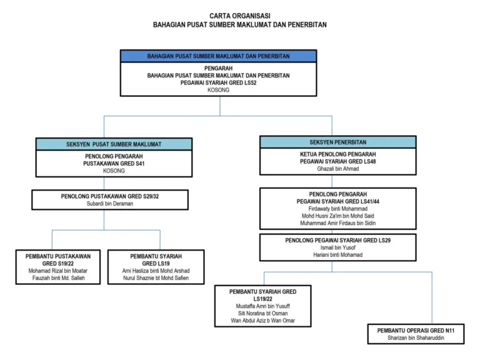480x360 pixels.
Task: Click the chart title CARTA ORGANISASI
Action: click(240, 16)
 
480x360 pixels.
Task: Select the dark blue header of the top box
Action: click(218, 56)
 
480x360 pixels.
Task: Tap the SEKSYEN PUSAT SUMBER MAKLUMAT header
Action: click(114, 144)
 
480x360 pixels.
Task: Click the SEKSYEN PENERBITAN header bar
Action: click(337, 142)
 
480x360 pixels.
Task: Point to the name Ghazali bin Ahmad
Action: click(337, 169)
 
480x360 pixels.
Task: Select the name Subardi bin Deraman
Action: click(110, 204)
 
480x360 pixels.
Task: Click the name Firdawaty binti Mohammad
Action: click(337, 209)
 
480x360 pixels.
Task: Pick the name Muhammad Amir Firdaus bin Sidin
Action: click(337, 223)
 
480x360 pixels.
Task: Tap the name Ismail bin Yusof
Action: click(337, 247)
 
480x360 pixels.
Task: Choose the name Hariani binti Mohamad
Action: click(337, 255)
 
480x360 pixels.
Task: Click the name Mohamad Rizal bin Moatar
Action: click(58, 271)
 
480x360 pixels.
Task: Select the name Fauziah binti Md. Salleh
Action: click(59, 278)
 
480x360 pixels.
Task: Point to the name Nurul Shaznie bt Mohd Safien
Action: click(156, 278)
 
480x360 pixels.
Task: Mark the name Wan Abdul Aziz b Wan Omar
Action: click(262, 321)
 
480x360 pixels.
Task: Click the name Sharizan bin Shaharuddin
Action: click(416, 338)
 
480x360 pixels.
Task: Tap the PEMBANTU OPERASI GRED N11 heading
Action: click(416, 331)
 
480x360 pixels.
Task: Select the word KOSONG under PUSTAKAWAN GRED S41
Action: click(114, 171)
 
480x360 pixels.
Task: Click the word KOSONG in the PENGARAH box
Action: click(218, 90)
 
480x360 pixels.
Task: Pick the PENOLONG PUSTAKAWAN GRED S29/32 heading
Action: click(110, 196)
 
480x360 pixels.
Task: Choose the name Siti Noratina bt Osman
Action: click(262, 314)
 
